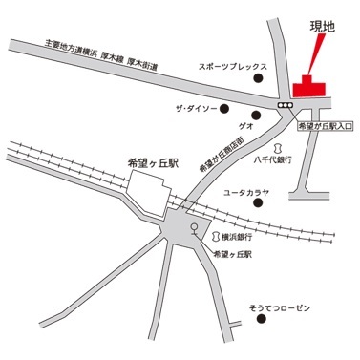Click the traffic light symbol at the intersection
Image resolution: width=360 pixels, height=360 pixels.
pyautogui.click(x=286, y=104)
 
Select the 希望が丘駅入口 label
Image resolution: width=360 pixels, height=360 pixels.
pyautogui.click(x=326, y=126)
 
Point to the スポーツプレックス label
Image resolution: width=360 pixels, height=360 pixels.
pyautogui.click(x=227, y=70)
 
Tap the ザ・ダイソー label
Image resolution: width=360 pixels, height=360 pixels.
pyautogui.click(x=196, y=110)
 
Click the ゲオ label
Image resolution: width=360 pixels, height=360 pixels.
pyautogui.click(x=245, y=126)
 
